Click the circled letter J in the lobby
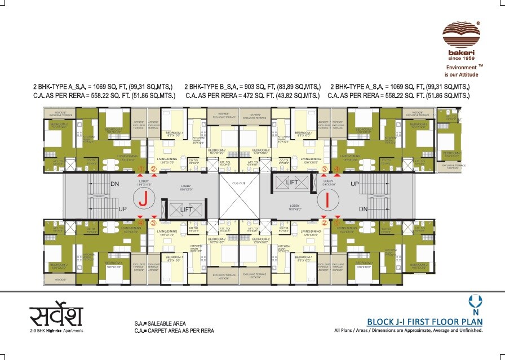144,198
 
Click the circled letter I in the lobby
327,198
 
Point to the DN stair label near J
114,184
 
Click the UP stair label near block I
355,184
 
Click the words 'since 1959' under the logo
460,57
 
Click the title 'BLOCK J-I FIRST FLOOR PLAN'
424,322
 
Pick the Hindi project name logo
56,315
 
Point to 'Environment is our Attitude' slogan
462,70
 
